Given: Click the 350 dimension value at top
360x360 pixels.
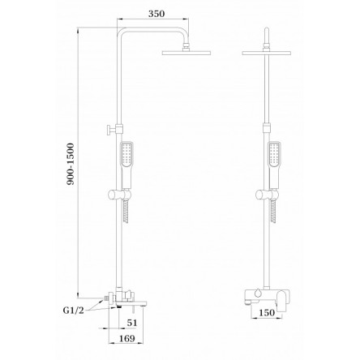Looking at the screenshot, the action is click(x=156, y=14).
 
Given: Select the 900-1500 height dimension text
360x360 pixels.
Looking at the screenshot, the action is click(x=71, y=164).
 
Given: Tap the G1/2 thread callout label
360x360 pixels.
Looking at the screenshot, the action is click(x=73, y=311).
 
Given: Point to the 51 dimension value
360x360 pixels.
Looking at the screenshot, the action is click(x=132, y=323).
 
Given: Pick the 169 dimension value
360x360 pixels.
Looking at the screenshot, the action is click(x=126, y=338).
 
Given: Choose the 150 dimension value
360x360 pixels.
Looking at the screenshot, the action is click(x=267, y=313).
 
